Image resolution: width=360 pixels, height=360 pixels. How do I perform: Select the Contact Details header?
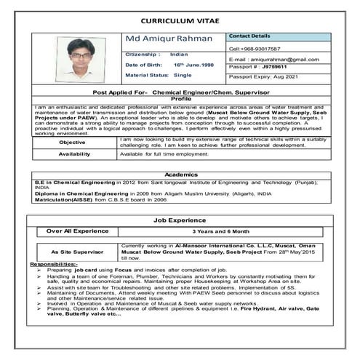tap(249, 36)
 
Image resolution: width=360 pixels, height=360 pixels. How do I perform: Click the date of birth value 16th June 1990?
tap(193, 64)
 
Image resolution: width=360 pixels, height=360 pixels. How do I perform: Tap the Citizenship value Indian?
tap(178, 54)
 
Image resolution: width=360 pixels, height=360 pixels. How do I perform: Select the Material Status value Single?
tap(183, 75)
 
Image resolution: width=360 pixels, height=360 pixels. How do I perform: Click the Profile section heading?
tap(180, 99)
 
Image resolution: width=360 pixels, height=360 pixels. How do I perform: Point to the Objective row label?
tap(71, 142)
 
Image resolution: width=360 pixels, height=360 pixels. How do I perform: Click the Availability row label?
tap(74, 154)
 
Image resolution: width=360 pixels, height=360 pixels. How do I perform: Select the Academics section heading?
tap(180, 175)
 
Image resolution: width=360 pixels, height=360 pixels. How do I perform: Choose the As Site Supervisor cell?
tap(75, 252)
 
